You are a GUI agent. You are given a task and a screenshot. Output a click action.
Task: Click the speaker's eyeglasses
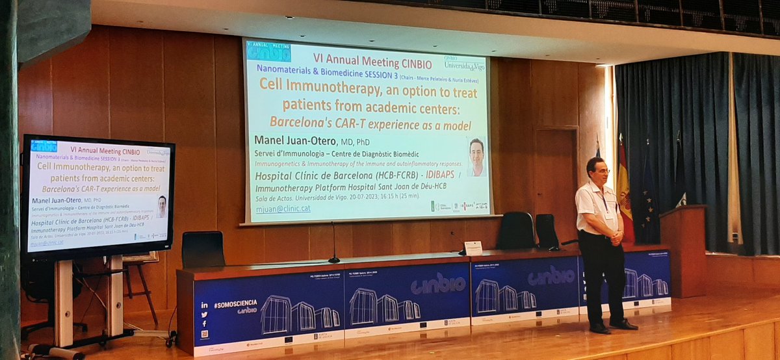point(601,170)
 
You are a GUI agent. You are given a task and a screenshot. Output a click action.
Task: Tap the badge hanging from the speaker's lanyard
point(609,214)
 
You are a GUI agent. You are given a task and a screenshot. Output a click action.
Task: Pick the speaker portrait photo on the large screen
point(476,157)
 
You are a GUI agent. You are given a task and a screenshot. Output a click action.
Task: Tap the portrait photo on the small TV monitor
point(161,207)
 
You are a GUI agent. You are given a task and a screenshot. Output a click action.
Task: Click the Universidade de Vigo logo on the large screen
point(464,62)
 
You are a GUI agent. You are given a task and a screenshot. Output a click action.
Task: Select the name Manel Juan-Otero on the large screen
point(309,141)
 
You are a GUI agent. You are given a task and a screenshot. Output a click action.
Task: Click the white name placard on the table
point(473,248)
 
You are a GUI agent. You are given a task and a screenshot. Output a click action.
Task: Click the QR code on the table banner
point(205,334)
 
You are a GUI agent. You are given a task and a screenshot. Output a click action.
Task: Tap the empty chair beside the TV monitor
point(203,250)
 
